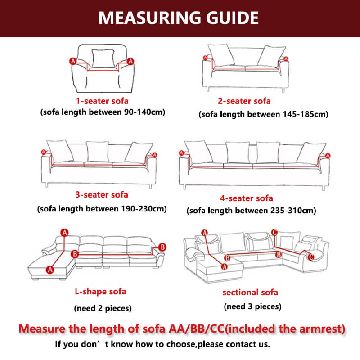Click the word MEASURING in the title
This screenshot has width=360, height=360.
pos(144,18)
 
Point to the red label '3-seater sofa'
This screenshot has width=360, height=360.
pos(102,194)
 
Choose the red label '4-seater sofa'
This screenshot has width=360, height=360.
pos(246,198)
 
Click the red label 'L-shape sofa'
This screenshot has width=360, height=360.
pos(100,291)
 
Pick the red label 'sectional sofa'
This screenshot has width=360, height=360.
pos(250,292)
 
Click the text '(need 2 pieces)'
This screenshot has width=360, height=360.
pos(103,308)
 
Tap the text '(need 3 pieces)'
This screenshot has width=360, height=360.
pos(253,306)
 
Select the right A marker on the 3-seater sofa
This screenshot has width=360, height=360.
pos(154,155)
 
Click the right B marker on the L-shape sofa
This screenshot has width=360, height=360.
pos(162,247)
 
